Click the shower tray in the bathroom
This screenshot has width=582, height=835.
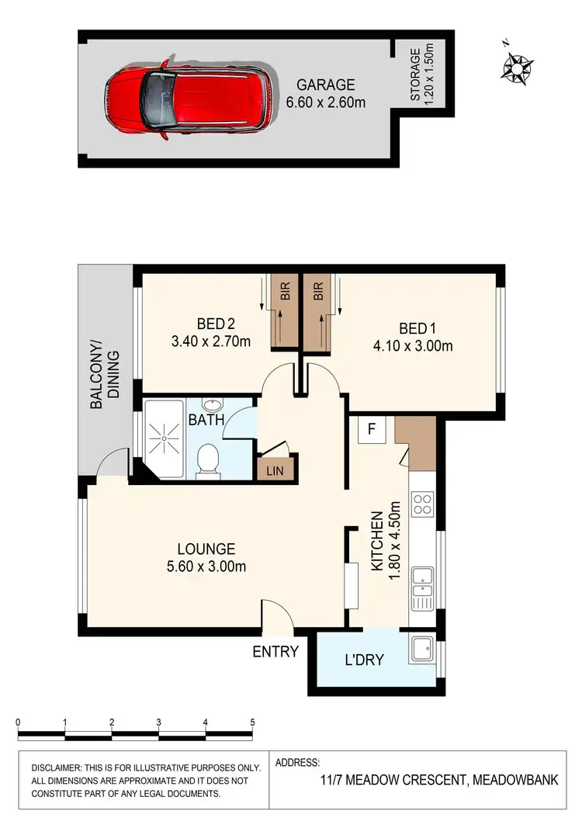163,439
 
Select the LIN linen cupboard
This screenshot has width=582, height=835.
274,470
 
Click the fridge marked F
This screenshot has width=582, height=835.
372,429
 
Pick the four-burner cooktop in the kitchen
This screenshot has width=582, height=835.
423,505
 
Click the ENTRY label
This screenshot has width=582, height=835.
275,652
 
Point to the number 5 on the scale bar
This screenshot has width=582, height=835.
253,722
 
